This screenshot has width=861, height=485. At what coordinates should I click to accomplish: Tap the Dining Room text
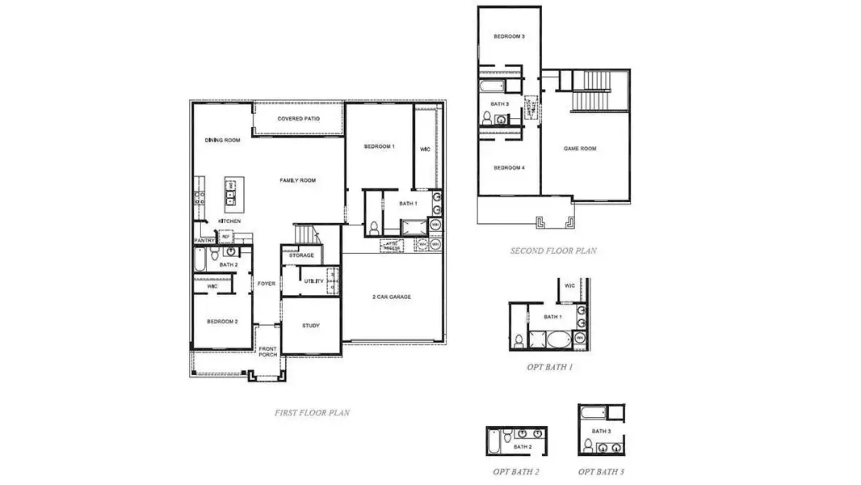point(222,141)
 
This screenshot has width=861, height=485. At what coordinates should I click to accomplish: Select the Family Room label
point(297,180)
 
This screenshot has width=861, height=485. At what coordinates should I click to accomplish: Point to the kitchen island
point(229,190)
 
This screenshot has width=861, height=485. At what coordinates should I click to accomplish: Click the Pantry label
point(203,240)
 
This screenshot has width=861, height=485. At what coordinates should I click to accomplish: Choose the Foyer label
point(267,284)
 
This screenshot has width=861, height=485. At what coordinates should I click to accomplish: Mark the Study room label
point(311,326)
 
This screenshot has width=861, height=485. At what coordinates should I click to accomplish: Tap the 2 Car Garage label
point(391,297)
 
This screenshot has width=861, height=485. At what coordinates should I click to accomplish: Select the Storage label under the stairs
point(301,255)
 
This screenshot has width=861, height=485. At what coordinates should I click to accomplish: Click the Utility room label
point(313,281)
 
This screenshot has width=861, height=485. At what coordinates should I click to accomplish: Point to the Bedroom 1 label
point(379,146)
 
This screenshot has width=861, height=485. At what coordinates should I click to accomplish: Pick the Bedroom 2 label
point(222,322)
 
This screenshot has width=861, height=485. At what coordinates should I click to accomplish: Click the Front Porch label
point(267,352)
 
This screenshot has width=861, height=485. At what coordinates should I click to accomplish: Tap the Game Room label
point(580,149)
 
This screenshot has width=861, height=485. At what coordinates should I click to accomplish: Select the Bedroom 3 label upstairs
point(509,37)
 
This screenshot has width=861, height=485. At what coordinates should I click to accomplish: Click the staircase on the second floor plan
point(594,91)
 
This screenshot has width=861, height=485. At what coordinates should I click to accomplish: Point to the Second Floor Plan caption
point(553,251)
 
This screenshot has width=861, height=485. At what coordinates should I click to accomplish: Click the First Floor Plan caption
point(312,412)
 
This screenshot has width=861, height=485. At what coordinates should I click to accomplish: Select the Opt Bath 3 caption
point(601,470)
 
